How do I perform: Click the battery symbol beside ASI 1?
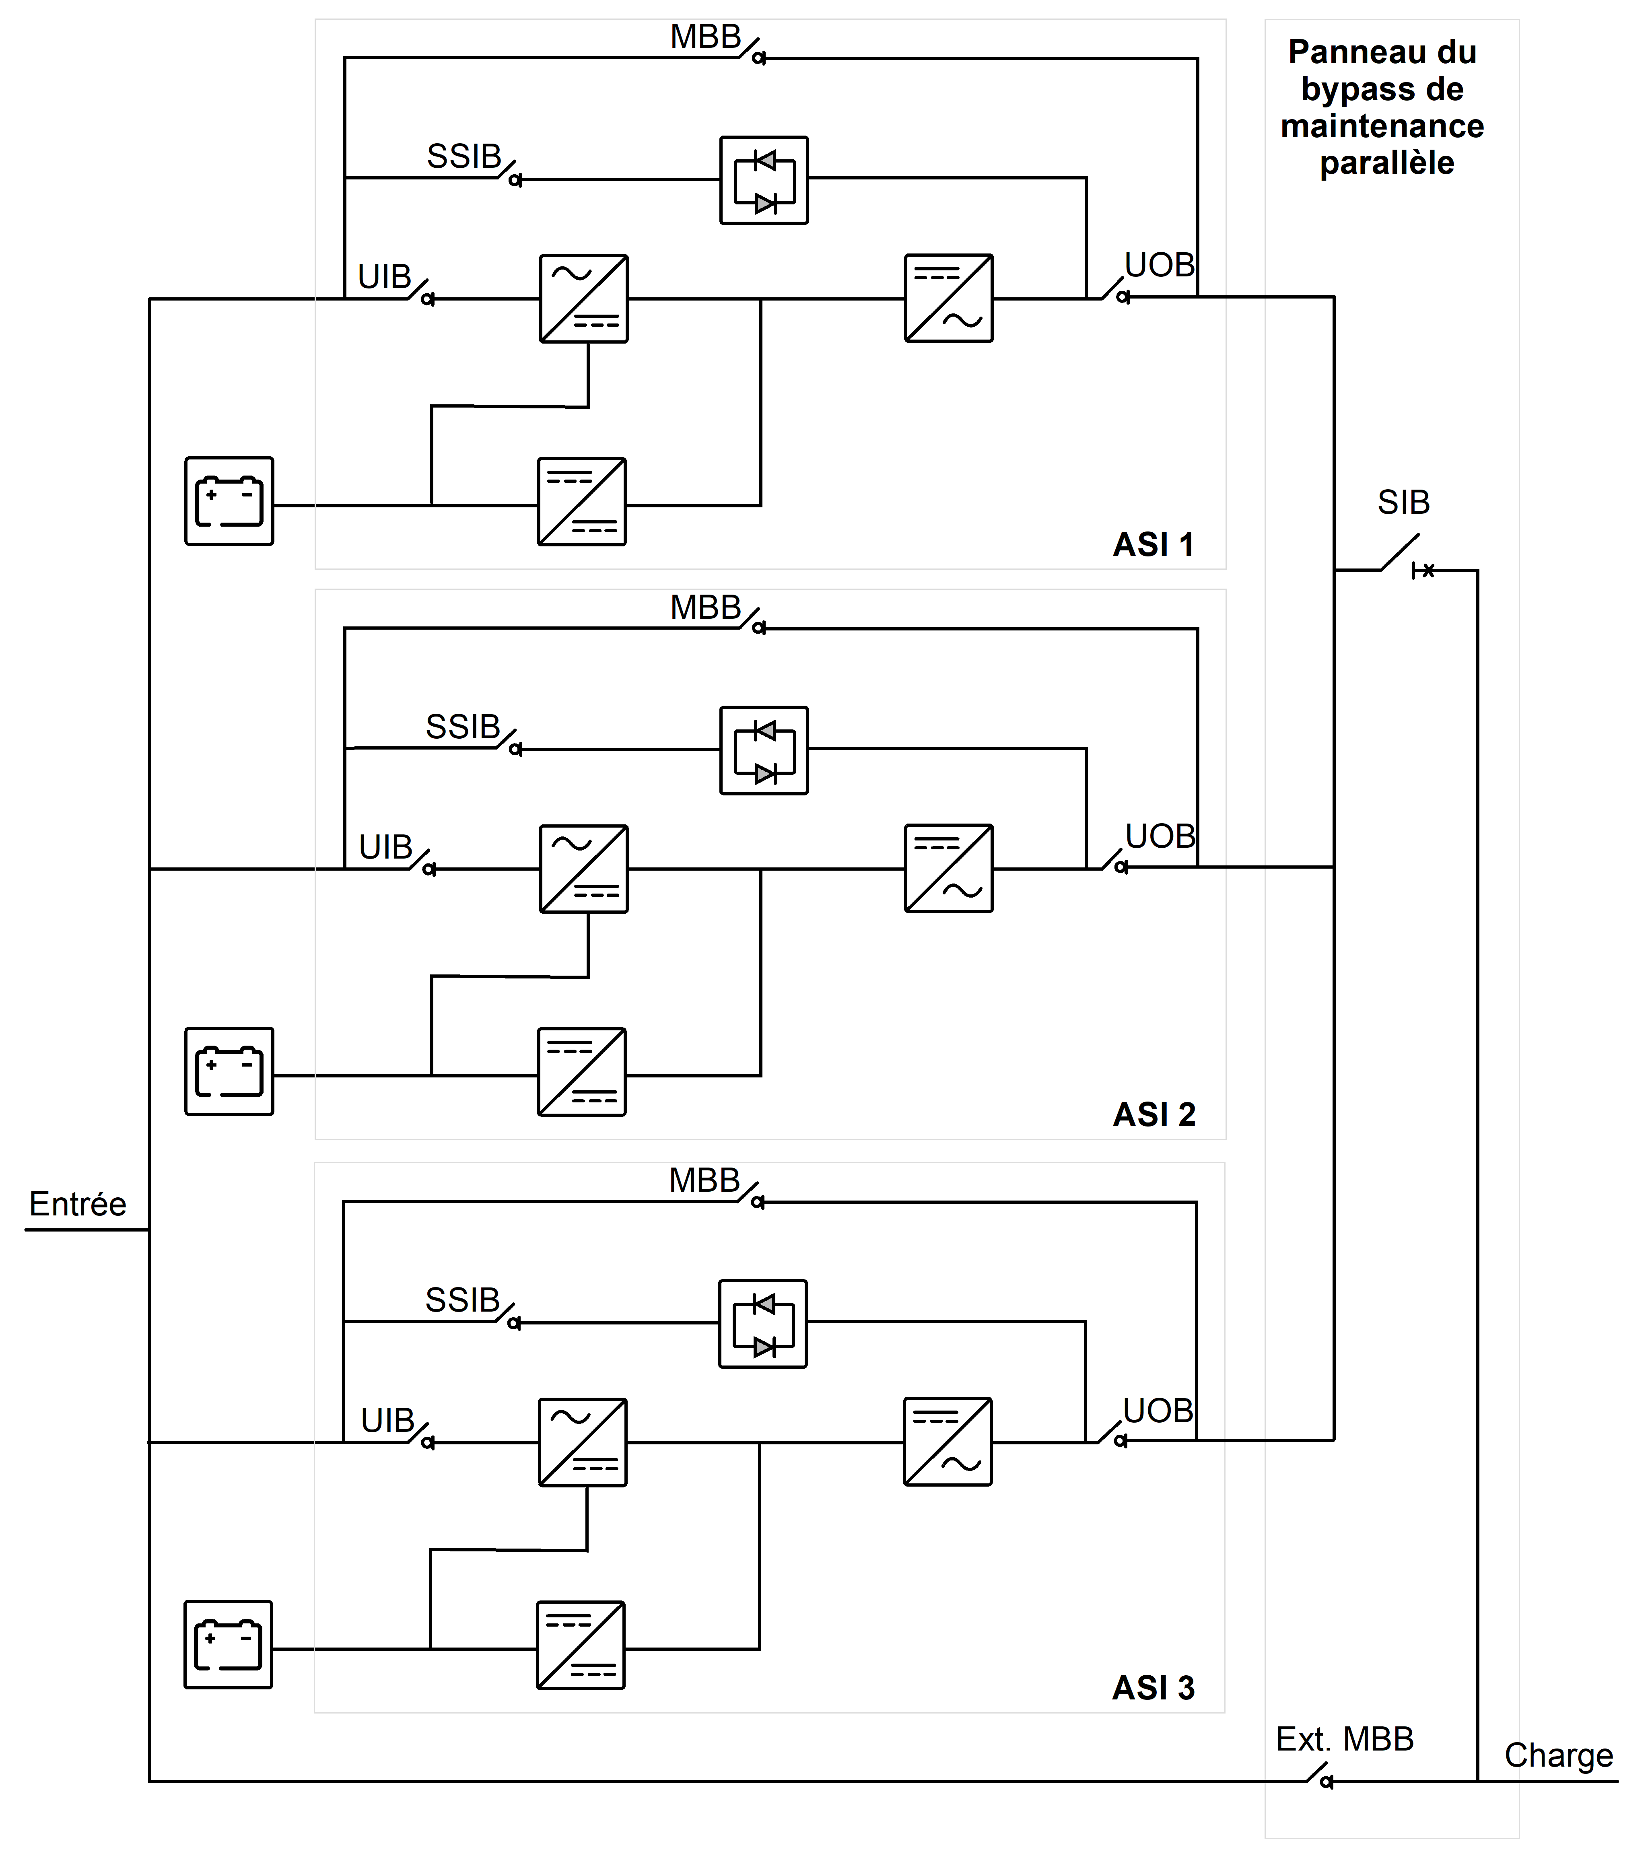tap(229, 501)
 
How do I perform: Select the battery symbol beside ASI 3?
tap(228, 1644)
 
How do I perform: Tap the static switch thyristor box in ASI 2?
tap(764, 750)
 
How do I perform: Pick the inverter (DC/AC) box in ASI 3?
tap(948, 1442)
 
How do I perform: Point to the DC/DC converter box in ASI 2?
tap(582, 1072)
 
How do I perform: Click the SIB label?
tap(1403, 502)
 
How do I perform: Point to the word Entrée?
tap(78, 1204)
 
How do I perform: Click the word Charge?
tap(1559, 1755)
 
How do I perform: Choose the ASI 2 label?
tap(1154, 1115)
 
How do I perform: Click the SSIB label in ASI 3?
tap(463, 1300)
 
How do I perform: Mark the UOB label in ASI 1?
tap(1160, 265)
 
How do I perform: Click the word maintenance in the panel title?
tap(1382, 126)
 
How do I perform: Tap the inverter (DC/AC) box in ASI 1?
tap(949, 299)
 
